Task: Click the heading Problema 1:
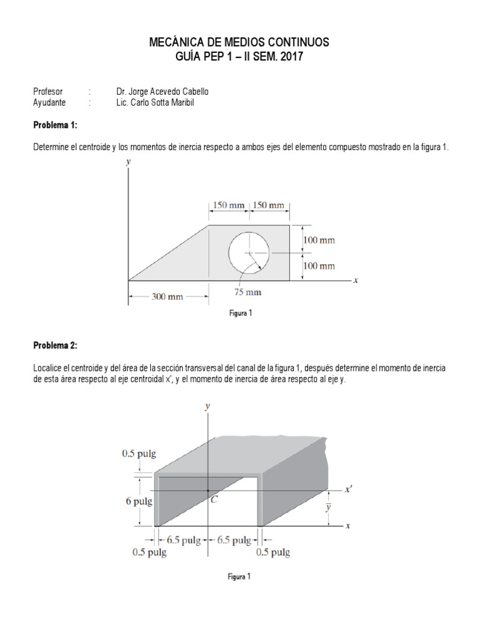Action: [x=55, y=125]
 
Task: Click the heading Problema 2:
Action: [x=55, y=346]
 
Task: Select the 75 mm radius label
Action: [x=248, y=292]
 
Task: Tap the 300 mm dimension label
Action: [x=167, y=297]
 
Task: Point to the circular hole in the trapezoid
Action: [x=249, y=252]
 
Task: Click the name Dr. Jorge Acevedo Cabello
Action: [x=162, y=92]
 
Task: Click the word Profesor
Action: [x=47, y=92]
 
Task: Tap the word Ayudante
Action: [x=49, y=103]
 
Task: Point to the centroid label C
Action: [x=214, y=498]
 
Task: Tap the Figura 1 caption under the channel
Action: [x=239, y=576]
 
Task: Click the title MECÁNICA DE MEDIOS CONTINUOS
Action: [x=239, y=42]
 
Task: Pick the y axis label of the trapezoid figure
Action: [x=128, y=161]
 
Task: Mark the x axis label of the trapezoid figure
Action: [x=356, y=280]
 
